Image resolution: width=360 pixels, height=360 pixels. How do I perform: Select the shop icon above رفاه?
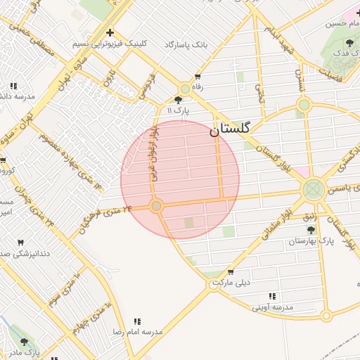point(198,77)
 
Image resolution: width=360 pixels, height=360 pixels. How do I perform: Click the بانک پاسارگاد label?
point(186,44)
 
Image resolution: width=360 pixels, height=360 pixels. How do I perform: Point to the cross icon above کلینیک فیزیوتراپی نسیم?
point(110,32)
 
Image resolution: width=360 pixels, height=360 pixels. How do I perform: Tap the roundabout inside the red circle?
point(156,206)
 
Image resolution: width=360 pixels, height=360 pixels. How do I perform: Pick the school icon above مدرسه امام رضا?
point(136,321)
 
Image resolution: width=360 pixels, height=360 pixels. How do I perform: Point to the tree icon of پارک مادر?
point(25,342)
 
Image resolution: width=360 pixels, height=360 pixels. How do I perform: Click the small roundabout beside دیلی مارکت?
point(215,283)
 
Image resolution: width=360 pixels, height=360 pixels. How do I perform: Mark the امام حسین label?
point(341,23)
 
